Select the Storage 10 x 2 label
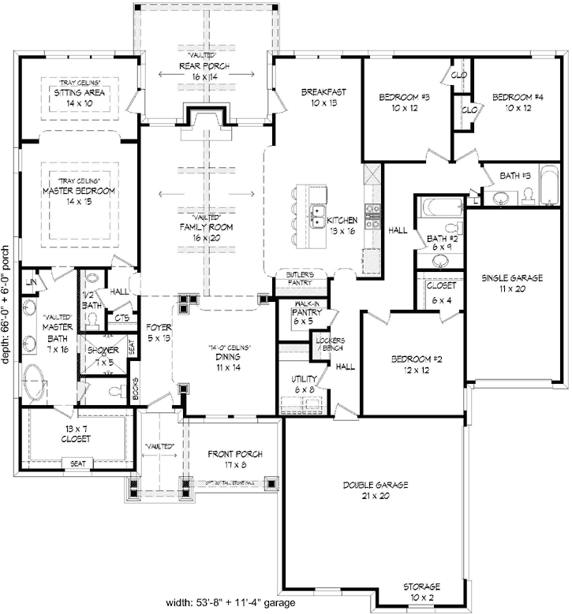(422, 592)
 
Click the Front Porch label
(234, 460)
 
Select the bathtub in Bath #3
(545, 194)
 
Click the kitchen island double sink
(319, 216)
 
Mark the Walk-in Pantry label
(304, 316)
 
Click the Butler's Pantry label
(300, 277)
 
